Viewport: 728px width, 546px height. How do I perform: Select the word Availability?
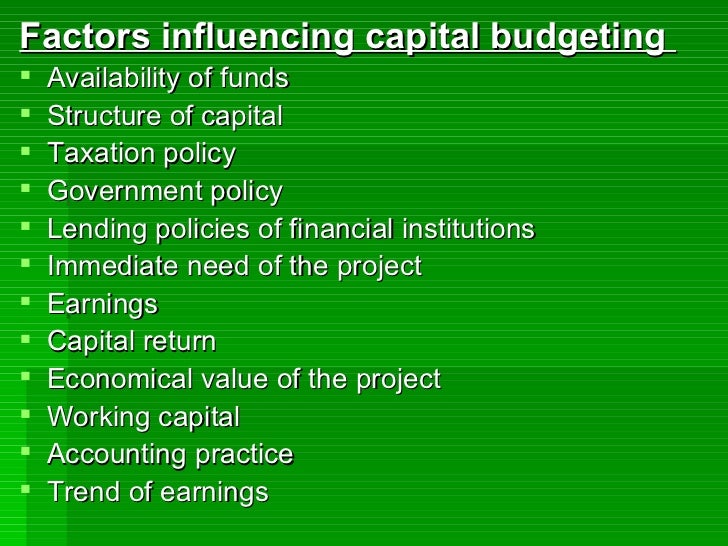(x=110, y=79)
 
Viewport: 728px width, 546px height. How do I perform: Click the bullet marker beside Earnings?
(x=26, y=302)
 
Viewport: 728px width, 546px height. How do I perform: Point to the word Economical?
(x=119, y=380)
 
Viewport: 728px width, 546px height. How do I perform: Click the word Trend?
(x=80, y=492)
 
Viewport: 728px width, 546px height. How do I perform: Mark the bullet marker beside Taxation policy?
(x=26, y=152)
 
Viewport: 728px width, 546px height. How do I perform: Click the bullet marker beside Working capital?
(x=26, y=415)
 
